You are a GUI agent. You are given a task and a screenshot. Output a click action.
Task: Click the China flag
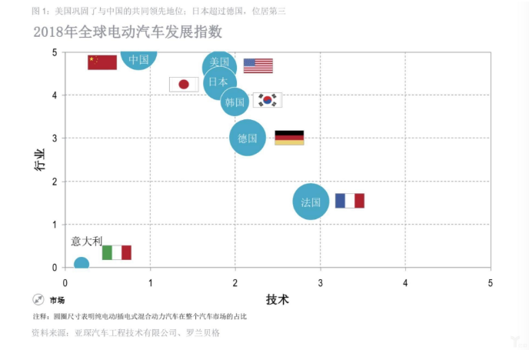[102, 62]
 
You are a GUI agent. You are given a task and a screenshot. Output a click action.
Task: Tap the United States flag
[258, 65]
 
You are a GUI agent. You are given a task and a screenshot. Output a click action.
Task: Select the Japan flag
[184, 84]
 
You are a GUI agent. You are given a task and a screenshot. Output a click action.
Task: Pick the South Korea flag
[268, 100]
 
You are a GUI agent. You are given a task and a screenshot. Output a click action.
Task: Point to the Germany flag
[289, 138]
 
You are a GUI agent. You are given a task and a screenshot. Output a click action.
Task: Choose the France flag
[349, 201]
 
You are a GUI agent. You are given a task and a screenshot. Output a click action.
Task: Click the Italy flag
[117, 252]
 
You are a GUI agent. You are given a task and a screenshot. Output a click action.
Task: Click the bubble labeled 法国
[311, 202]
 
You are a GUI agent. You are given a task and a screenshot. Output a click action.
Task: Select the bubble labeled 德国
[248, 138]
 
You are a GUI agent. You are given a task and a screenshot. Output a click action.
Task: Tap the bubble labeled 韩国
[235, 102]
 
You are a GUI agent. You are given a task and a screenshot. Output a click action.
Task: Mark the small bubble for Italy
[81, 265]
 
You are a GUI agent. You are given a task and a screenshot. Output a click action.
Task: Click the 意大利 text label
[87, 241]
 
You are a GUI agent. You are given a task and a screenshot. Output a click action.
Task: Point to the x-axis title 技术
[278, 298]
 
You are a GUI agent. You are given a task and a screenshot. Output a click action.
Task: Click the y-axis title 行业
[39, 160]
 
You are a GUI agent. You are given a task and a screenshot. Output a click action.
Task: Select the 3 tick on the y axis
[55, 138]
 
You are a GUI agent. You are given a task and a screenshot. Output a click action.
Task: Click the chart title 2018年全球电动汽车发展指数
[127, 32]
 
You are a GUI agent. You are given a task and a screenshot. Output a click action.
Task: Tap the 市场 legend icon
[38, 299]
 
